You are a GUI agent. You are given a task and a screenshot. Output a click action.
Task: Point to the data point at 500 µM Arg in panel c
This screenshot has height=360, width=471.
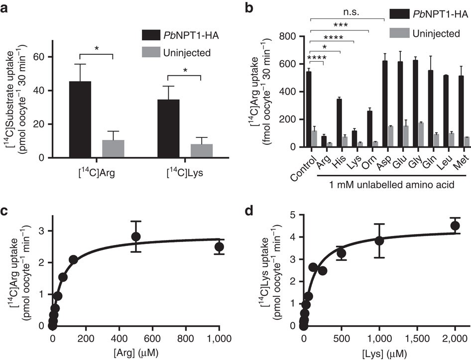tap(136, 236)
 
